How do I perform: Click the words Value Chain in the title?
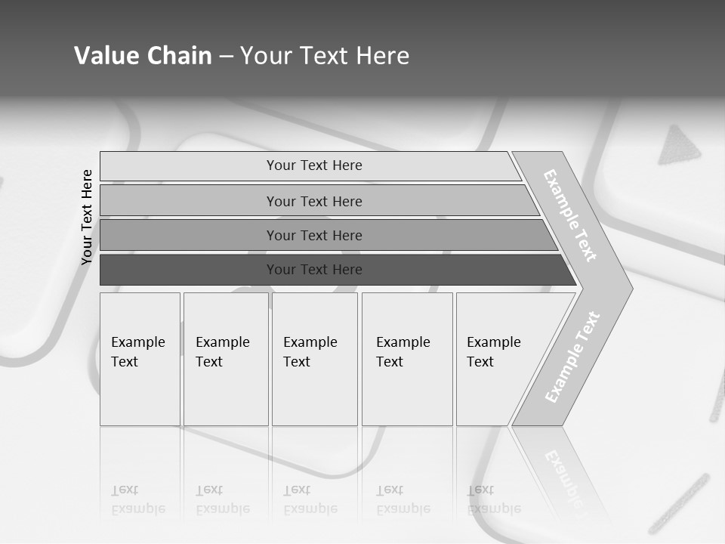[x=143, y=56]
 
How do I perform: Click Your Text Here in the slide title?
[x=325, y=56]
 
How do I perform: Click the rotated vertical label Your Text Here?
[x=87, y=217]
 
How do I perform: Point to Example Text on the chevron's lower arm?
[x=572, y=357]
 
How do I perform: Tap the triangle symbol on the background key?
[x=680, y=146]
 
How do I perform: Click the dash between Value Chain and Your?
[x=226, y=57]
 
